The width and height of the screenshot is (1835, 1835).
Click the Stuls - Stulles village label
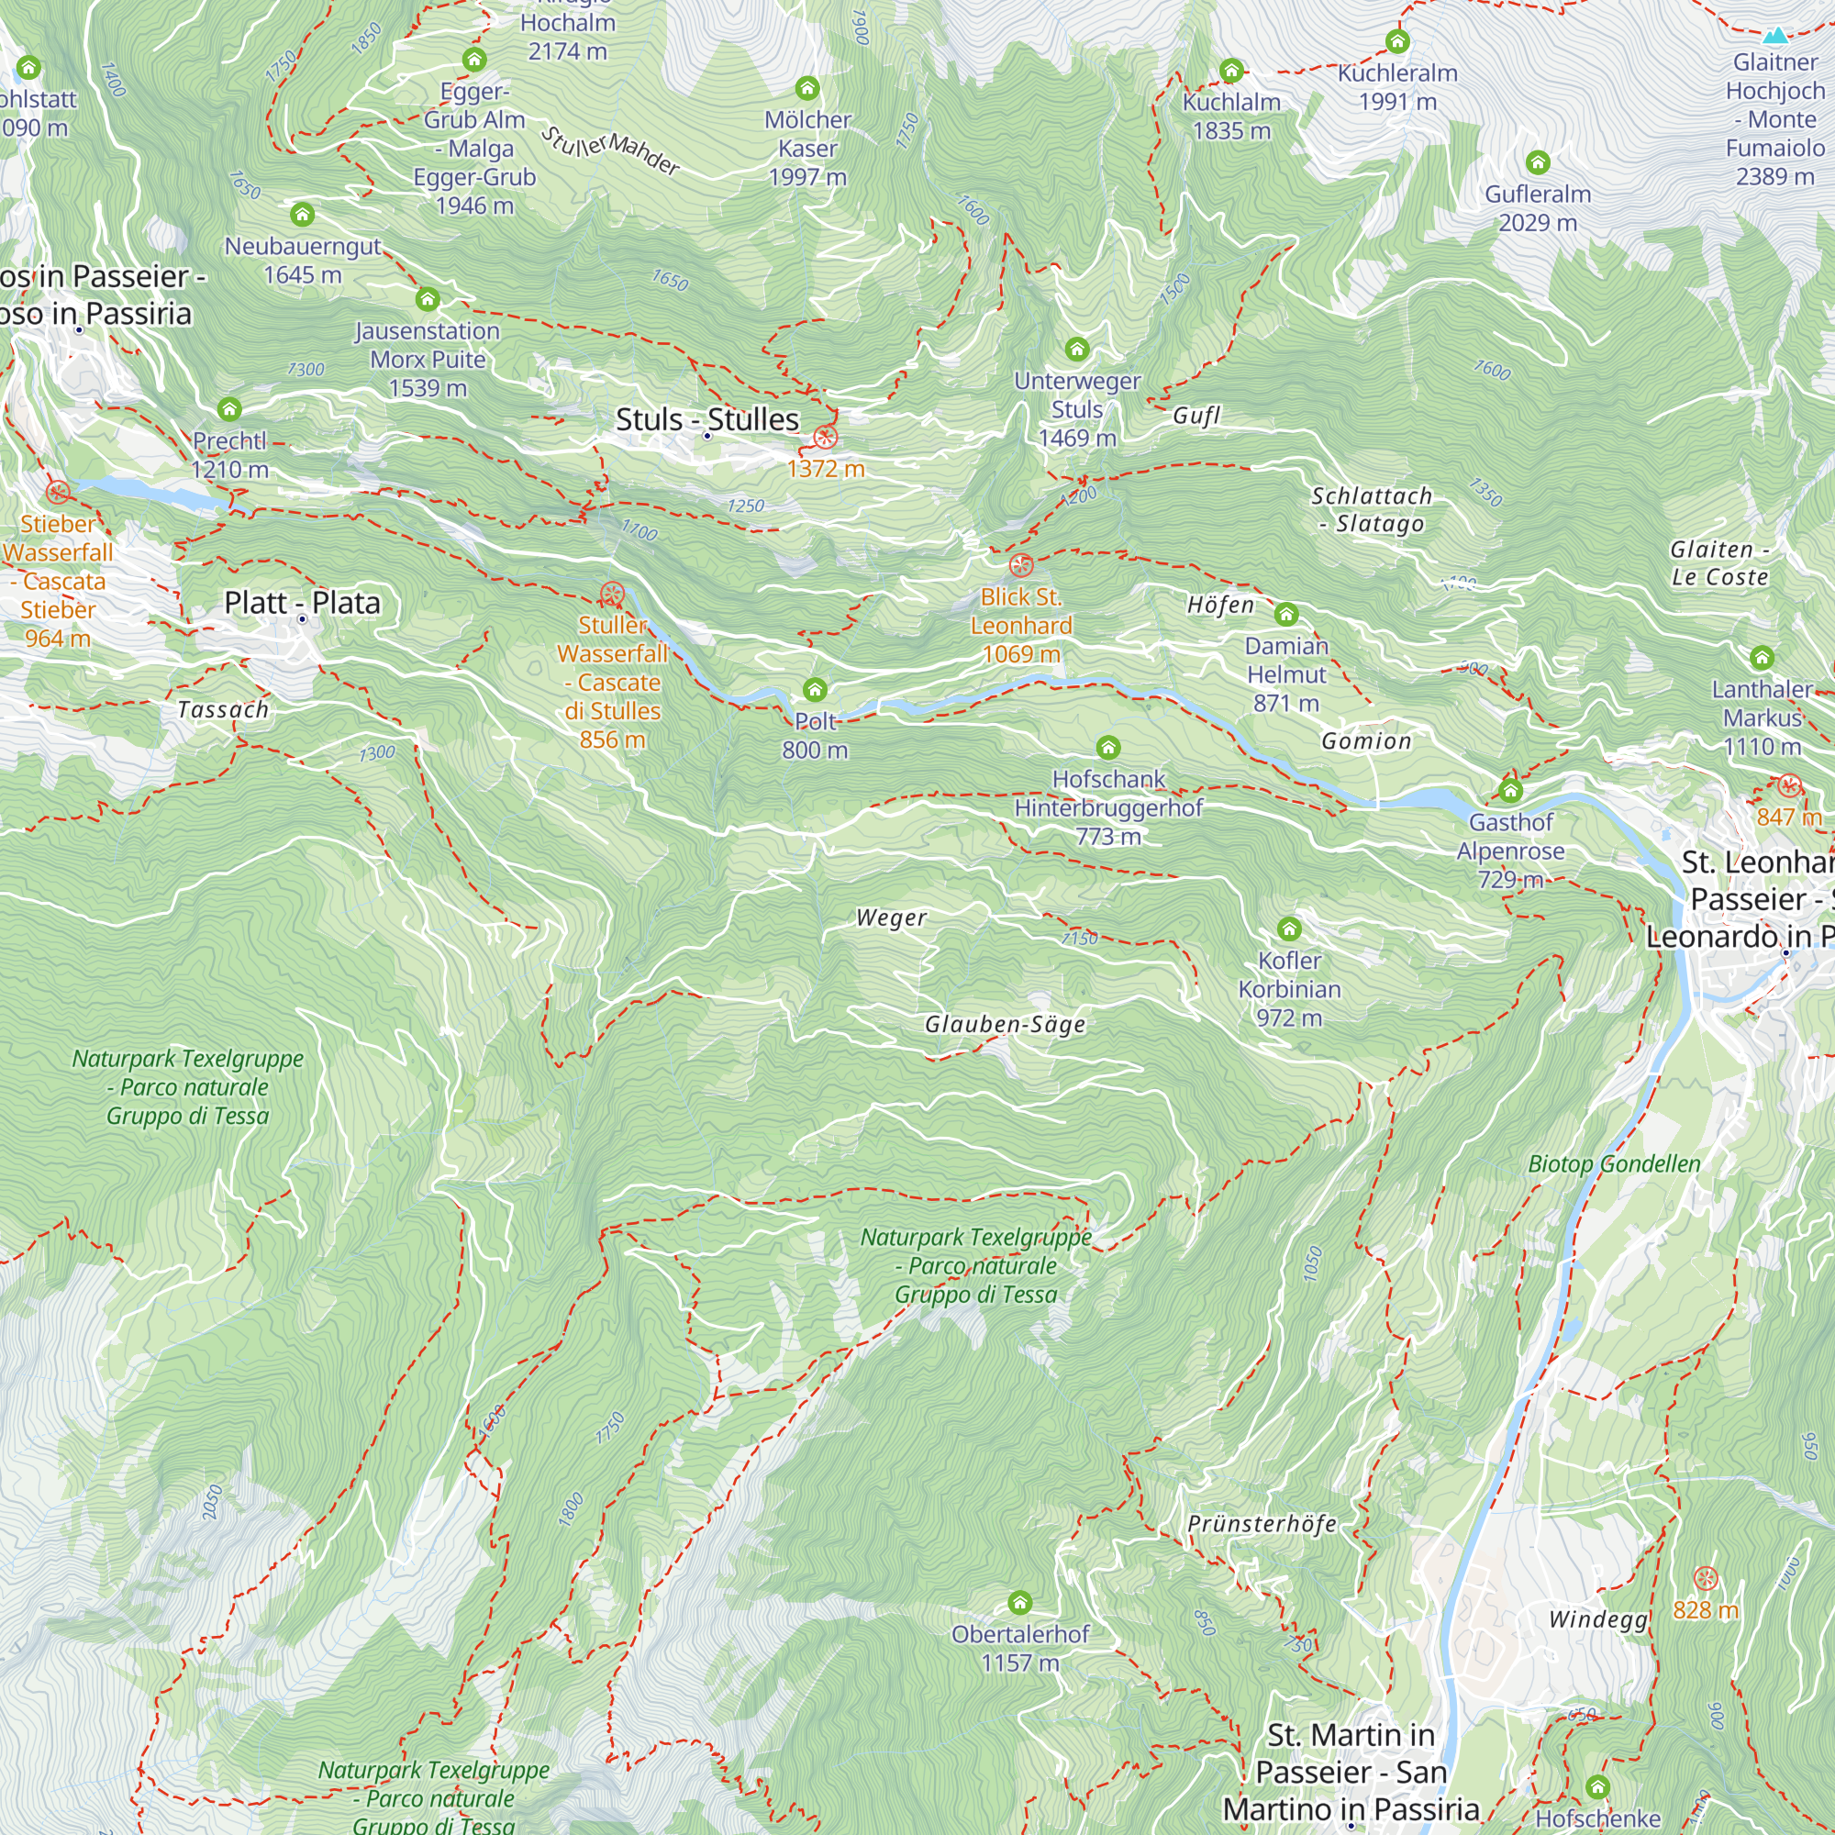click(706, 419)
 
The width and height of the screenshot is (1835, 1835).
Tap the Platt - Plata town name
click(302, 602)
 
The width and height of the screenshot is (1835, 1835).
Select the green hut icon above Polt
click(815, 690)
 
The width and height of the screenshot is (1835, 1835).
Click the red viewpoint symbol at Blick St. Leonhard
click(1021, 565)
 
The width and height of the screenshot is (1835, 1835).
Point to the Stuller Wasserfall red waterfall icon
click(613, 595)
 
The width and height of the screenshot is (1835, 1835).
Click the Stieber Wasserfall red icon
click(58, 492)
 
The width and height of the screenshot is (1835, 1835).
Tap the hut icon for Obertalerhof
click(1020, 1603)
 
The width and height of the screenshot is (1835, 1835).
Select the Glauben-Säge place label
click(1005, 1024)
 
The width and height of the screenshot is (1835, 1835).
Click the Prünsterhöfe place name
click(1262, 1523)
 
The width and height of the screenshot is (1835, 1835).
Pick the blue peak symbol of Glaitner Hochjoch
click(1775, 36)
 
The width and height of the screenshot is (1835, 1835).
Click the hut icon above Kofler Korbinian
click(1289, 928)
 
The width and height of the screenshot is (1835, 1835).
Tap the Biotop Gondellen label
click(1614, 1163)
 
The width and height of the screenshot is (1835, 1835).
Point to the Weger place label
click(891, 917)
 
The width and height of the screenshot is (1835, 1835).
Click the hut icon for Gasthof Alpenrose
click(1510, 790)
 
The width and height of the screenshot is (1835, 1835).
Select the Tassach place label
click(223, 709)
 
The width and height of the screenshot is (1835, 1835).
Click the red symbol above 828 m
click(1706, 1578)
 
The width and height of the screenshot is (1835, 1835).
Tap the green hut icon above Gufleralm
click(1538, 162)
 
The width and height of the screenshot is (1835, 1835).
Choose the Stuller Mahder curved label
click(611, 150)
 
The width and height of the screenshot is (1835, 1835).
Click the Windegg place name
click(1598, 1619)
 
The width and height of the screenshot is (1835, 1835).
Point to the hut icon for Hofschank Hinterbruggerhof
click(1108, 748)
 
